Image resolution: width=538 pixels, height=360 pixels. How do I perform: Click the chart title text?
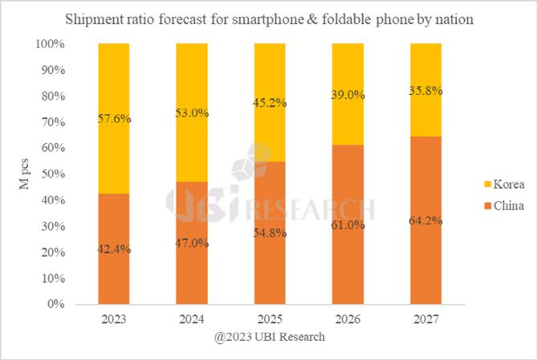[268, 18]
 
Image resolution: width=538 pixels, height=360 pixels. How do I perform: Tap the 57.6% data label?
[114, 118]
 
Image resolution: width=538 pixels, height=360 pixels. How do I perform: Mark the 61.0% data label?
[348, 225]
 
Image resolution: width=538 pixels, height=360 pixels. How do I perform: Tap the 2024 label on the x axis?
[192, 319]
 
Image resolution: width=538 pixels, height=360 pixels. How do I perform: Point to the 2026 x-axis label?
[348, 319]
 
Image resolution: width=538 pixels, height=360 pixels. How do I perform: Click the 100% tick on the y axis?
[50, 44]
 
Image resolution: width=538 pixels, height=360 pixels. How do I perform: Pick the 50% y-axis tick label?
[53, 174]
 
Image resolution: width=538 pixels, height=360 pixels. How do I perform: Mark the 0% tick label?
[56, 305]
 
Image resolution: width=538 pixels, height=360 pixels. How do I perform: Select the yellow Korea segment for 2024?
[192, 80]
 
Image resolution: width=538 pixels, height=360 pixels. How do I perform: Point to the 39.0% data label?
[348, 95]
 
